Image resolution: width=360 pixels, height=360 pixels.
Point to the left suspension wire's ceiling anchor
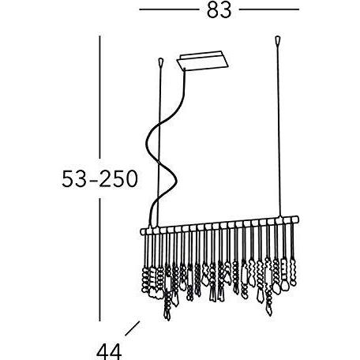(x=163, y=62)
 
